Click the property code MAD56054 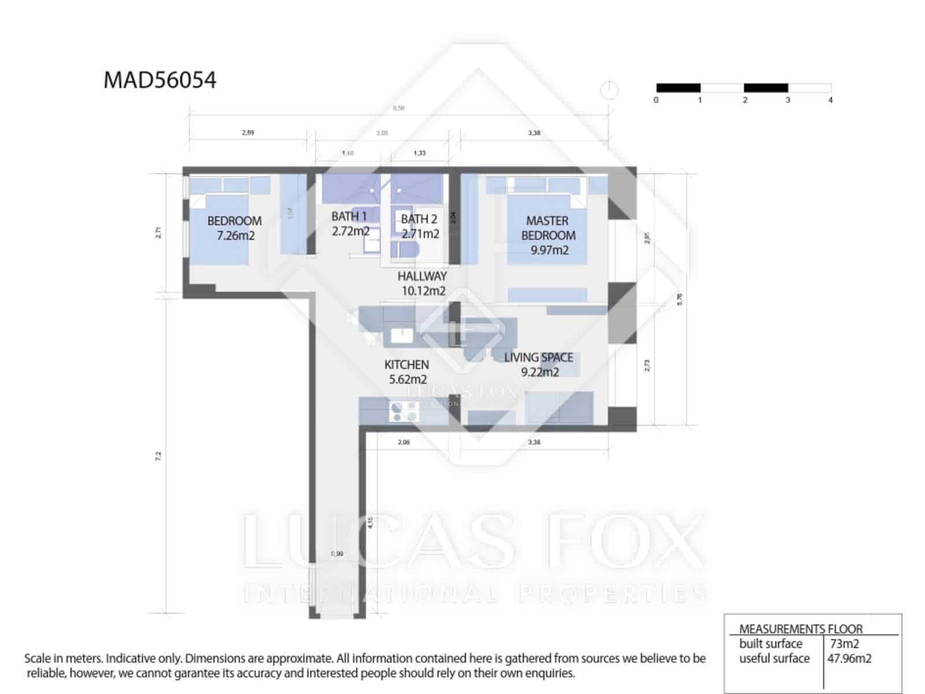160,80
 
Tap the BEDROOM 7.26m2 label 235,228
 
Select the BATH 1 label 350,223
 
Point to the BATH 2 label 420,226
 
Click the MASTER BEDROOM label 548,235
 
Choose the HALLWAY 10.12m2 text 423,283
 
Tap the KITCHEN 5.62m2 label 407,372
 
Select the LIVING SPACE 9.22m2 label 539,364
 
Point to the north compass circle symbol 609,90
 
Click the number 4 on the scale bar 830,100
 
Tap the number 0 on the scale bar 656,100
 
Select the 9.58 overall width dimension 398,108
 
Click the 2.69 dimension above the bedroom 248,132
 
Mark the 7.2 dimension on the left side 158,456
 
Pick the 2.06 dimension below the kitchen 404,442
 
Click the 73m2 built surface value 845,644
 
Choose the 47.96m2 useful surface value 849,658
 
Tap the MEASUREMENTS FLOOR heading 801,629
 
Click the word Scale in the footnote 38,658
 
